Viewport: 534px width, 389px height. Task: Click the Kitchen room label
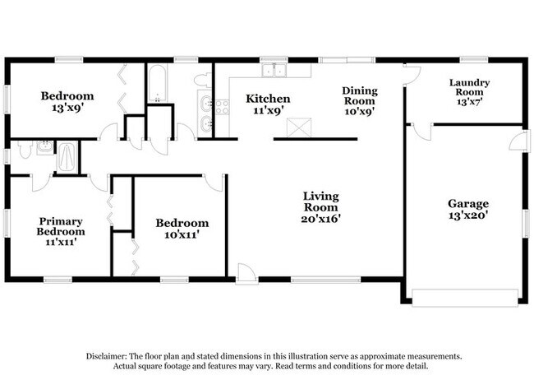coord(268,104)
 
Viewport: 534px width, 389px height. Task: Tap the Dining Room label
coord(360,100)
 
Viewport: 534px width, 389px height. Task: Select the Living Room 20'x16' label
coord(320,207)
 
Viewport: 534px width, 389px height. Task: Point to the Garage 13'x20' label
coord(467,209)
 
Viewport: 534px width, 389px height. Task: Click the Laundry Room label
coord(469,88)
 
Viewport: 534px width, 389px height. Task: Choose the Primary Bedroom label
coord(62,225)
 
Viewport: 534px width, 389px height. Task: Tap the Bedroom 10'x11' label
coord(182,229)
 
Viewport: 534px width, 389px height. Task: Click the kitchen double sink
coord(279,71)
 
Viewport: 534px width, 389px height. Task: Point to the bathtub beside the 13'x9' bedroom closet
coord(156,83)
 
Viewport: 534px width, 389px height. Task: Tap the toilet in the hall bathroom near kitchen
coord(202,81)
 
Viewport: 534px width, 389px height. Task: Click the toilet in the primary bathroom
coord(25,150)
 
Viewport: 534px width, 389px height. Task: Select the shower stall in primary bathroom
coord(67,156)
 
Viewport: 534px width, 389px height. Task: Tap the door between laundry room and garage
coord(421,132)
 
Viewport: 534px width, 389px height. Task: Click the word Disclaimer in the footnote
coord(109,356)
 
